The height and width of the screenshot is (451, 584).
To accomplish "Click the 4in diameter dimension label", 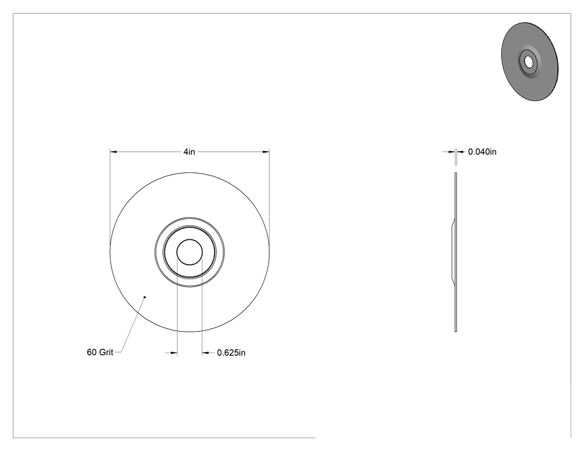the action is [x=189, y=152].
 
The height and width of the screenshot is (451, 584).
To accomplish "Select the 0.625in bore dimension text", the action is [x=231, y=353].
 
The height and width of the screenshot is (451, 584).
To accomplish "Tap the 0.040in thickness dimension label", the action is [x=482, y=152].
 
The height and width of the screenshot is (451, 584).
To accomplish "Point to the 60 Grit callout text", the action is [x=100, y=353].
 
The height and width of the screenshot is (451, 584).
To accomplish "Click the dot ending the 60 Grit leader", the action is [x=145, y=297].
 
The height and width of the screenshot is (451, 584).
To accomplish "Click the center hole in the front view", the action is [x=190, y=252].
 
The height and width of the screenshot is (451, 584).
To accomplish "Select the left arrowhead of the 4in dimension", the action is [x=113, y=152].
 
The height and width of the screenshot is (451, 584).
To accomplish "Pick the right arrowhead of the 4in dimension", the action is [x=266, y=152].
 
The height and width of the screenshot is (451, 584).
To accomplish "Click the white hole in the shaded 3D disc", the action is [x=528, y=62].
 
